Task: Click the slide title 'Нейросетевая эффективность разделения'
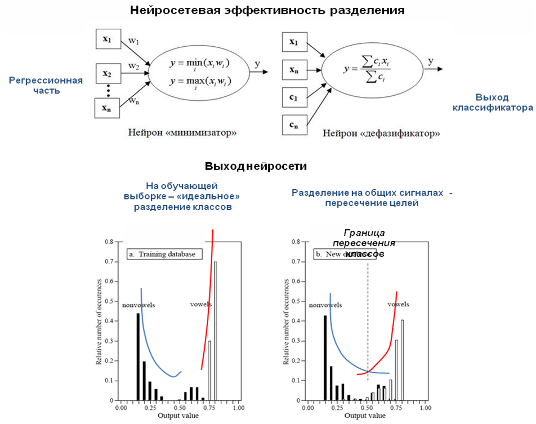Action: click(x=267, y=11)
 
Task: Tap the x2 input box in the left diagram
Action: click(x=106, y=73)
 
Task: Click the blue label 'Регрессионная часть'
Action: click(x=46, y=86)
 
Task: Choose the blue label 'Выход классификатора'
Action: click(x=494, y=102)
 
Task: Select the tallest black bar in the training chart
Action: click(x=138, y=356)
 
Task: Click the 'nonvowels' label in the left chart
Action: click(x=138, y=305)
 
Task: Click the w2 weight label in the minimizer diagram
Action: click(x=133, y=66)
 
